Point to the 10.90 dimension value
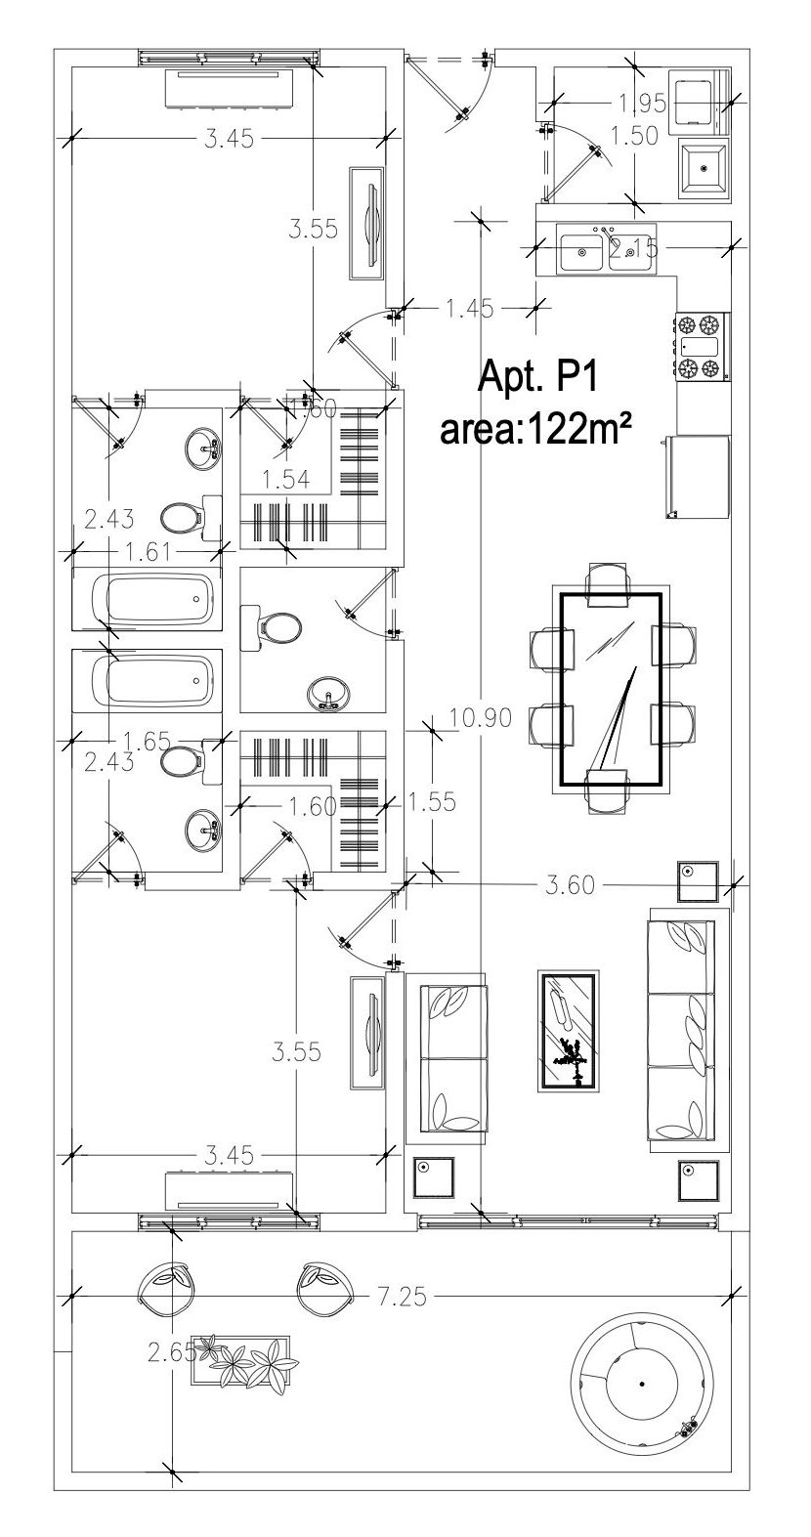tap(481, 718)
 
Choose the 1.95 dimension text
tap(640, 102)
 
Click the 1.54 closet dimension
tap(285, 479)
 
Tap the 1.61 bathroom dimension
tap(144, 552)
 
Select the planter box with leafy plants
tap(240, 1360)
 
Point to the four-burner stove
tap(702, 346)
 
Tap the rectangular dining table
tap(610, 689)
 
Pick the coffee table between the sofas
tap(569, 1032)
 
